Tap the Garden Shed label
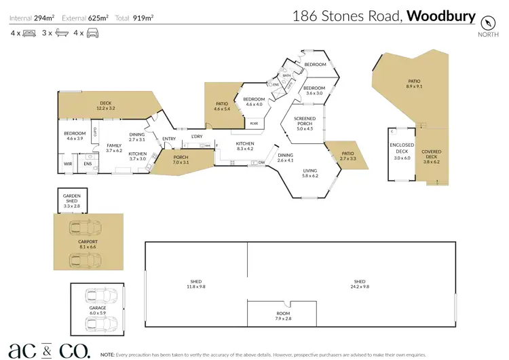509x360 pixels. pos(72,200)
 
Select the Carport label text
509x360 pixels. pos(88,244)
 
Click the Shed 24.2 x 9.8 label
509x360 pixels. pos(360,285)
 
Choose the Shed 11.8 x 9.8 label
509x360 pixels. pos(195,285)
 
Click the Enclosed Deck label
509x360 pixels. pos(402,151)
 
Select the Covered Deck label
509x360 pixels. pos(432,157)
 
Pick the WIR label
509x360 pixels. pos(68,164)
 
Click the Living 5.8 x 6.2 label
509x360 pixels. pos(310,173)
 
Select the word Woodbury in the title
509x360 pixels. pos(441,16)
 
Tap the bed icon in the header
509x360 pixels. pos(29,33)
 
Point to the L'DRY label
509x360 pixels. pos(197,137)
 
